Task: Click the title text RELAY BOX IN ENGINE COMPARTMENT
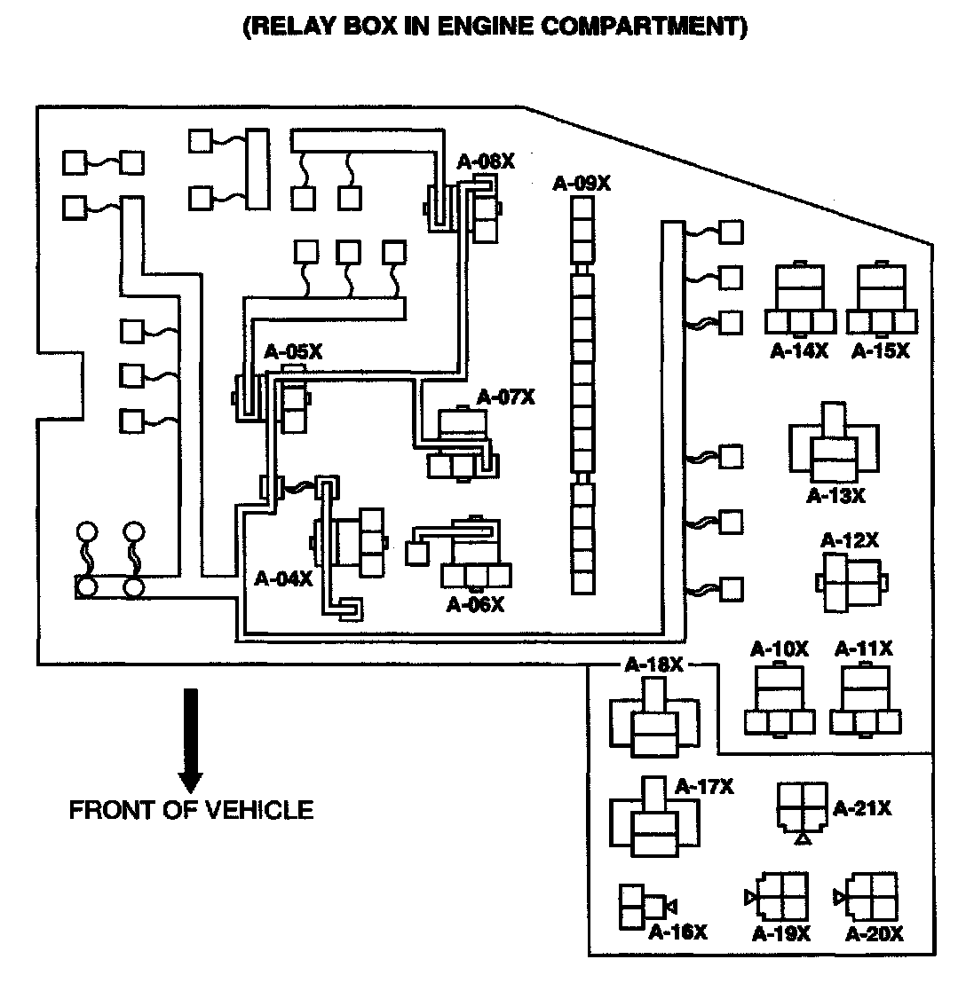click(495, 27)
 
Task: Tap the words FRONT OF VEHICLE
click(191, 809)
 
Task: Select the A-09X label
click(582, 184)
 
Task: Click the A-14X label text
click(798, 350)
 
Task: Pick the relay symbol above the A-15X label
click(882, 297)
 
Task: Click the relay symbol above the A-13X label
click(834, 443)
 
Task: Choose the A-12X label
click(850, 539)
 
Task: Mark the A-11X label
click(864, 649)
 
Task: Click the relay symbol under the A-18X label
click(654, 717)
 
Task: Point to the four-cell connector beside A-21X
click(802, 806)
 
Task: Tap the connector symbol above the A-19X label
click(780, 898)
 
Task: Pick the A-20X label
click(874, 933)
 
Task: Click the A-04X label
click(283, 578)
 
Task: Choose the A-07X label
click(506, 397)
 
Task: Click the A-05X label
click(293, 352)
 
